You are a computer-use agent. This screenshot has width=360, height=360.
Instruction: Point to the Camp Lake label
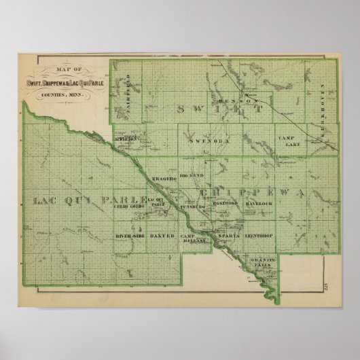(289, 141)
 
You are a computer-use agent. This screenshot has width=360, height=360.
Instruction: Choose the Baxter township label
(162, 235)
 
